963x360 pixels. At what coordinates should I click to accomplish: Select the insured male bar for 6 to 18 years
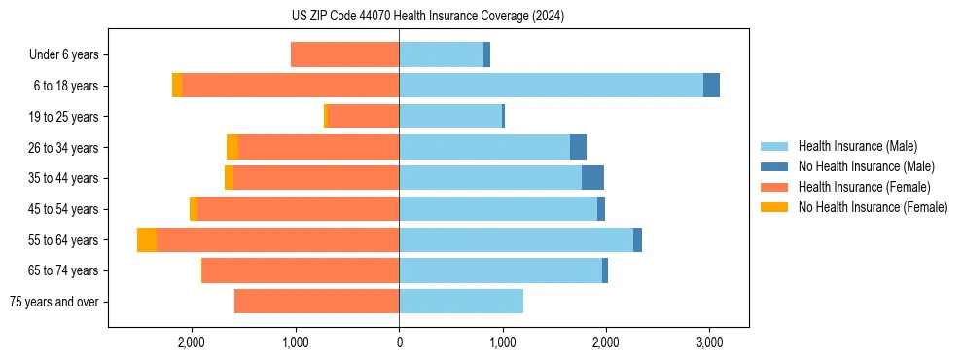[551, 86]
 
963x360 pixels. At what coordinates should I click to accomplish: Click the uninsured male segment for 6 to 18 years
[711, 86]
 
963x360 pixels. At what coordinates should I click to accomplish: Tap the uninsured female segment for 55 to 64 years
[147, 240]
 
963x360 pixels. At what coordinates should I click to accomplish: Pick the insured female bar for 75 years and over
[316, 302]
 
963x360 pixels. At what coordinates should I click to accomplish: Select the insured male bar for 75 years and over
[461, 302]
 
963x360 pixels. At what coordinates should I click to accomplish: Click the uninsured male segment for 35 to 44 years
[592, 178]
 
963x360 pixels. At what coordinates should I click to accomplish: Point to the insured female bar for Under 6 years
[344, 55]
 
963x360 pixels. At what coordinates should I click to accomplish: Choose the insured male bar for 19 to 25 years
[449, 117]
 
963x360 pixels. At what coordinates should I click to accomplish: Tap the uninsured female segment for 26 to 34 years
[232, 147]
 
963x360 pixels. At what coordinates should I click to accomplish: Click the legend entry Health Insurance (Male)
[857, 146]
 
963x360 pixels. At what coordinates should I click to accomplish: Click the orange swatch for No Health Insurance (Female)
[775, 207]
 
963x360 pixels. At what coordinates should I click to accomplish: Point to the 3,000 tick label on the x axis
[709, 342]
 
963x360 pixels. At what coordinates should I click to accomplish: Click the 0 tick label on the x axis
[399, 342]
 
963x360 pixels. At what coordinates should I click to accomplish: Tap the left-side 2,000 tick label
[192, 342]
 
